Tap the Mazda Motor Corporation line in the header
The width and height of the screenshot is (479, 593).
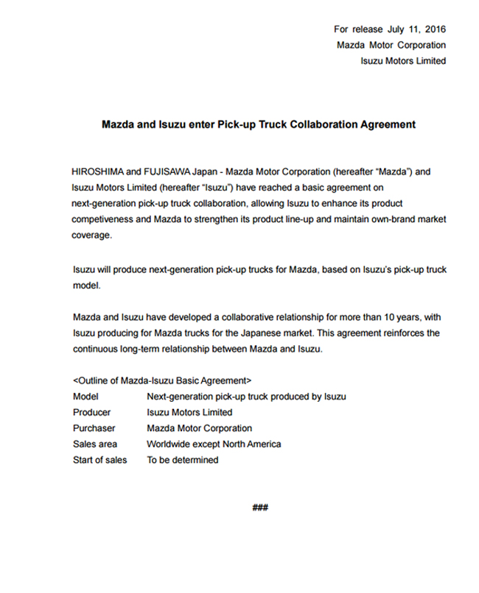[391, 45]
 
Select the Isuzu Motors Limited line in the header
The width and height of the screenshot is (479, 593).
[402, 61]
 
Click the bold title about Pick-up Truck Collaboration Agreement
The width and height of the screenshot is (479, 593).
[258, 124]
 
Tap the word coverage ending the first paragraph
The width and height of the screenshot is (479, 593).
[91, 235]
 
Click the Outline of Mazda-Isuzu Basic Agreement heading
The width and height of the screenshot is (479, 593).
[162, 381]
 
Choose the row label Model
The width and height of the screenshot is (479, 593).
[85, 397]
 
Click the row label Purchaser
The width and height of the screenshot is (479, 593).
[94, 428]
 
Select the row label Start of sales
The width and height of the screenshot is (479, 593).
[99, 461]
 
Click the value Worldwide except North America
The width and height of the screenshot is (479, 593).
[214, 444]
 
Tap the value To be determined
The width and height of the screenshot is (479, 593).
[183, 461]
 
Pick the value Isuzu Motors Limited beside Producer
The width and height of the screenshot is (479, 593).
[189, 413]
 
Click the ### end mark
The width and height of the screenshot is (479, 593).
[260, 508]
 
